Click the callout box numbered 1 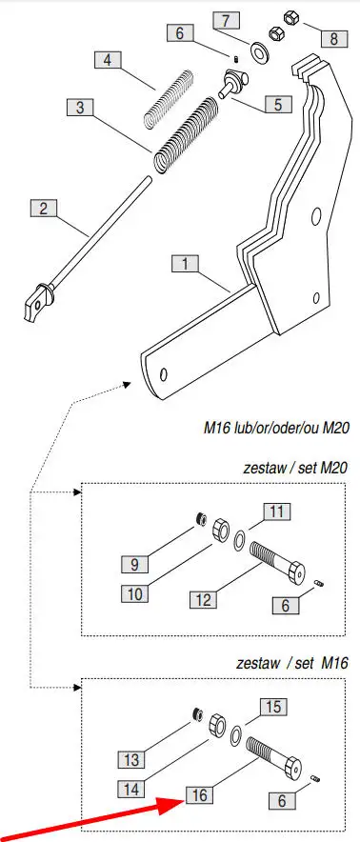click(x=186, y=264)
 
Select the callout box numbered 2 click(x=44, y=208)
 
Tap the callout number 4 click(x=108, y=60)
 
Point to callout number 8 click(x=334, y=38)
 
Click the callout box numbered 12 click(x=203, y=599)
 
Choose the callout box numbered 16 click(x=199, y=794)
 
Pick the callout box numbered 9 click(x=134, y=564)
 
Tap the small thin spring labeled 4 click(x=170, y=98)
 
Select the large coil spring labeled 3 click(x=187, y=135)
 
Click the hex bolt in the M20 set click(x=277, y=563)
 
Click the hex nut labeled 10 click(x=220, y=531)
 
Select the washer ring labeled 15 click(x=235, y=734)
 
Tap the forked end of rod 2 click(x=36, y=305)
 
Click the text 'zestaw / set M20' click(x=295, y=467)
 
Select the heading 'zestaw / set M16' click(x=292, y=663)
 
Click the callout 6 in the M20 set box click(x=286, y=605)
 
